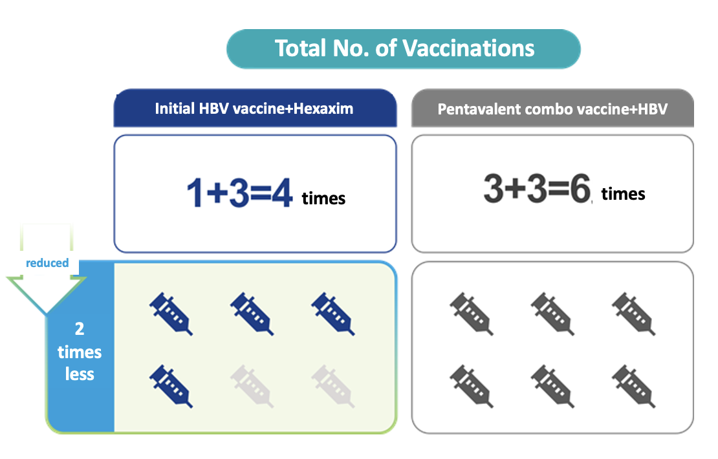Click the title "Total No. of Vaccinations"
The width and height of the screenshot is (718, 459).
tap(404, 48)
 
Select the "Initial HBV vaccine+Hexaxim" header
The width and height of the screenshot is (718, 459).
tap(255, 109)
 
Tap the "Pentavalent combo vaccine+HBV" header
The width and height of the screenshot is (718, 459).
tap(552, 109)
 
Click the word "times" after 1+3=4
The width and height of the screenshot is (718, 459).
tap(323, 198)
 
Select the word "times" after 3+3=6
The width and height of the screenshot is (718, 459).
tap(623, 194)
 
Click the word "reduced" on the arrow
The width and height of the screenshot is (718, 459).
tap(47, 262)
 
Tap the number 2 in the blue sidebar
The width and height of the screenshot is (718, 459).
tap(80, 328)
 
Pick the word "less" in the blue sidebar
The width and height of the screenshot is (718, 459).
tap(80, 374)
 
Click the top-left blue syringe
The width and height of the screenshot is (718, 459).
tap(171, 314)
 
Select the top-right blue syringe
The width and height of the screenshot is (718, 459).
tap(333, 314)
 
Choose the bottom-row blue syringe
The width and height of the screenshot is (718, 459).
tap(171, 386)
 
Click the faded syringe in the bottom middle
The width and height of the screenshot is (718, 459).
tap(252, 386)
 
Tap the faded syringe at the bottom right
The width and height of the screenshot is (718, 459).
tap(333, 386)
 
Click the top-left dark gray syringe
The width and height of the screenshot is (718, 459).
tap(472, 314)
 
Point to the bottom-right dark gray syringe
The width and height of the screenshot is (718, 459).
tap(634, 386)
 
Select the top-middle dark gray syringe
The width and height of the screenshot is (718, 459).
tap(552, 314)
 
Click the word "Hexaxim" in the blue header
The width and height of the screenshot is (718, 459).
tap(323, 109)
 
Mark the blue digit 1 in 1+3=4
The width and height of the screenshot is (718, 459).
tap(194, 193)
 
